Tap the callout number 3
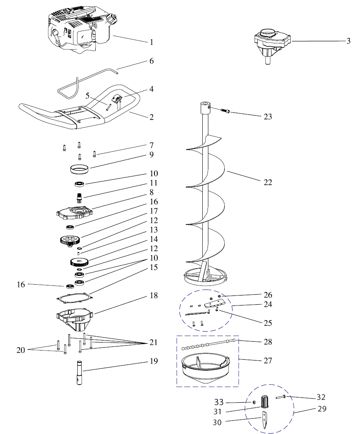pos(348,41)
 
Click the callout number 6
pos(151,61)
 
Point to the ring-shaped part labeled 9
pos(79,169)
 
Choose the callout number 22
pos(267,182)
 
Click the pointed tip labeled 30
pos(265,420)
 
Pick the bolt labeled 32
pos(281,397)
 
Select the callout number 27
pos(267,361)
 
